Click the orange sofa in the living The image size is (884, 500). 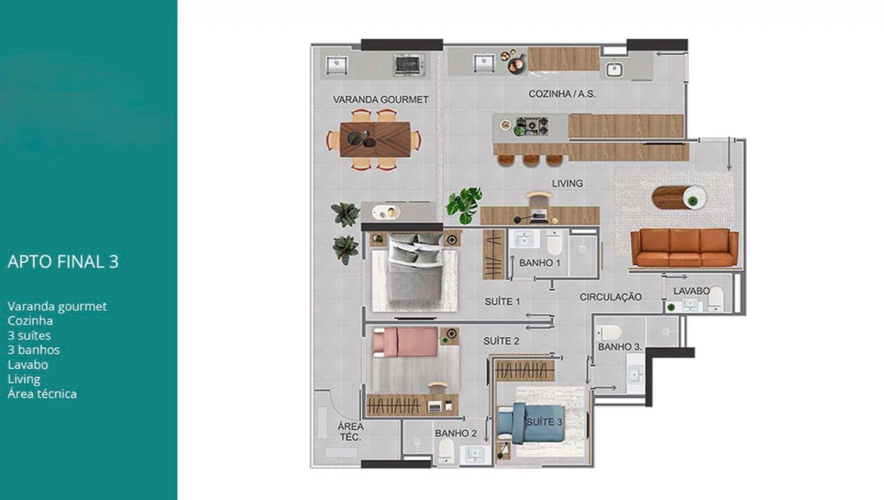tap(684, 247)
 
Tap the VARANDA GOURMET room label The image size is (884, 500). tap(381, 99)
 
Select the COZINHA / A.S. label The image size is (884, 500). tap(562, 94)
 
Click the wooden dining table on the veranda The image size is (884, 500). tap(374, 139)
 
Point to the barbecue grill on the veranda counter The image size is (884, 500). tap(409, 65)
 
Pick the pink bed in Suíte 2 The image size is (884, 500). tap(405, 341)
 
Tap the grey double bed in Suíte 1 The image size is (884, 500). tap(415, 269)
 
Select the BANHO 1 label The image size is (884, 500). tap(540, 263)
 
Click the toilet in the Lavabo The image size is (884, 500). tap(716, 299)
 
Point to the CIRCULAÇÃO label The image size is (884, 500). tap(611, 296)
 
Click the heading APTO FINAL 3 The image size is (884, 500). tap(63, 261)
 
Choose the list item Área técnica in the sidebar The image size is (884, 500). tap(42, 394)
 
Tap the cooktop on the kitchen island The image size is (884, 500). tap(531, 126)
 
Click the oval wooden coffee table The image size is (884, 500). tap(678, 197)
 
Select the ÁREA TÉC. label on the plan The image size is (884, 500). tap(351, 431)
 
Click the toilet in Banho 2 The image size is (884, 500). tap(446, 450)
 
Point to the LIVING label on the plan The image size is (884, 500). tap(567, 184)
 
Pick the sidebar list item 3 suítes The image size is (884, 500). tap(29, 336)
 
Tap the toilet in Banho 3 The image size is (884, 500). tap(609, 332)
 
